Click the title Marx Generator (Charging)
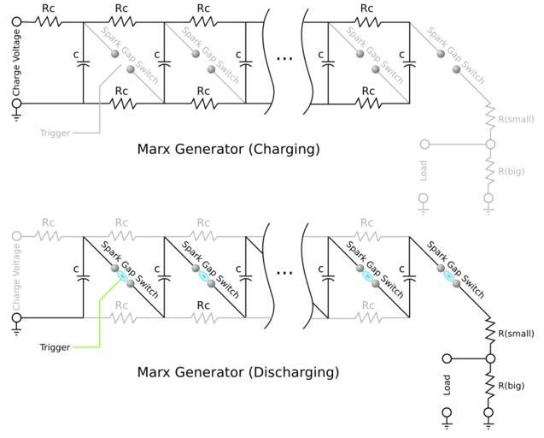coord(228,149)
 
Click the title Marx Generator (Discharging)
coord(237,372)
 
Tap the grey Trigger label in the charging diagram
coord(54,133)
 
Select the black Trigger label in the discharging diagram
coord(54,347)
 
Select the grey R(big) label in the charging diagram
coord(512,170)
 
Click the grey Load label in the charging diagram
coord(424,170)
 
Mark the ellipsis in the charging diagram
coord(284,58)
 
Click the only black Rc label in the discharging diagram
coord(203,305)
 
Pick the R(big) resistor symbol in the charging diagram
coord(490,169)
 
